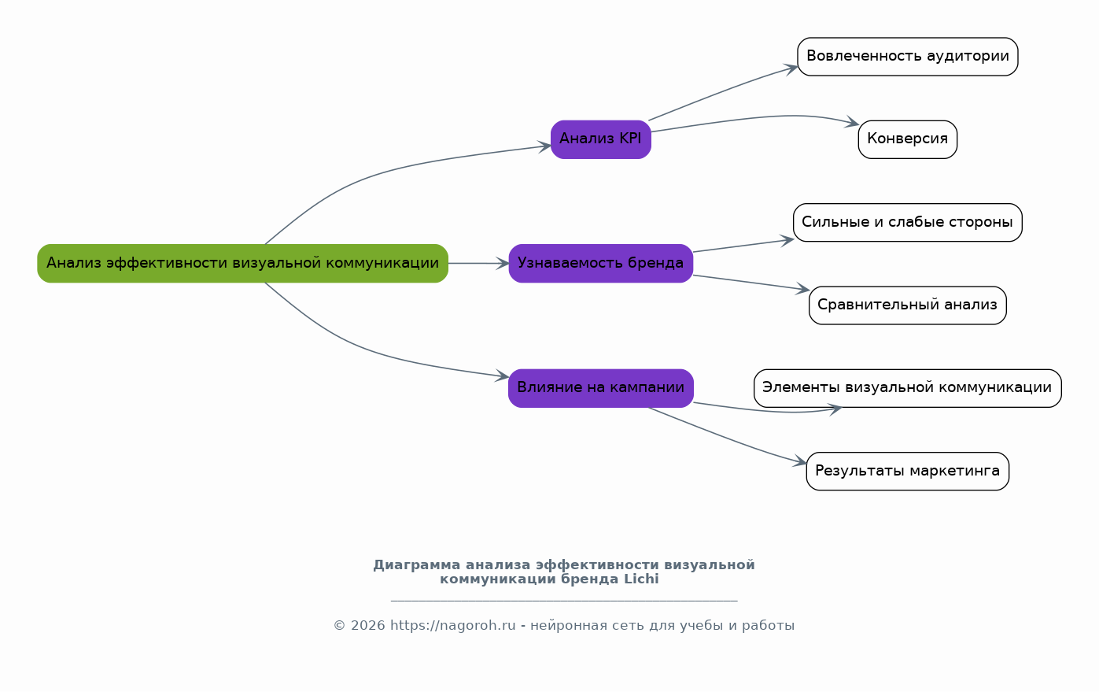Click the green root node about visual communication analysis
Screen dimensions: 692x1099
242,263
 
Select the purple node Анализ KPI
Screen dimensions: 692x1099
600,139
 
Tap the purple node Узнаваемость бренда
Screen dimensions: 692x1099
600,263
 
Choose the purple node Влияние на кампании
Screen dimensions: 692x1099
600,387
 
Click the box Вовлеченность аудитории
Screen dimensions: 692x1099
907,57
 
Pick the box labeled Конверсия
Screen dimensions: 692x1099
907,139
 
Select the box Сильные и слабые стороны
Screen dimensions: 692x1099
907,222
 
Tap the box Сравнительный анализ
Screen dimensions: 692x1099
907,305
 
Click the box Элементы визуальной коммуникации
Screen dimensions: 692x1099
907,387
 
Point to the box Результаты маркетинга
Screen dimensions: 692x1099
907,471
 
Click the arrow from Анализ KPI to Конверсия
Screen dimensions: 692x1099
755,118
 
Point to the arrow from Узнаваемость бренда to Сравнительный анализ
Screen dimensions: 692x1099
751,283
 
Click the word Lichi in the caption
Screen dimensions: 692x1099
641,579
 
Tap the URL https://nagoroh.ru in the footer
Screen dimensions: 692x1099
453,626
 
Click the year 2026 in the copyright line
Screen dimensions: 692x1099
368,626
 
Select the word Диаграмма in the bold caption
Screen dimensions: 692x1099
416,565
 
